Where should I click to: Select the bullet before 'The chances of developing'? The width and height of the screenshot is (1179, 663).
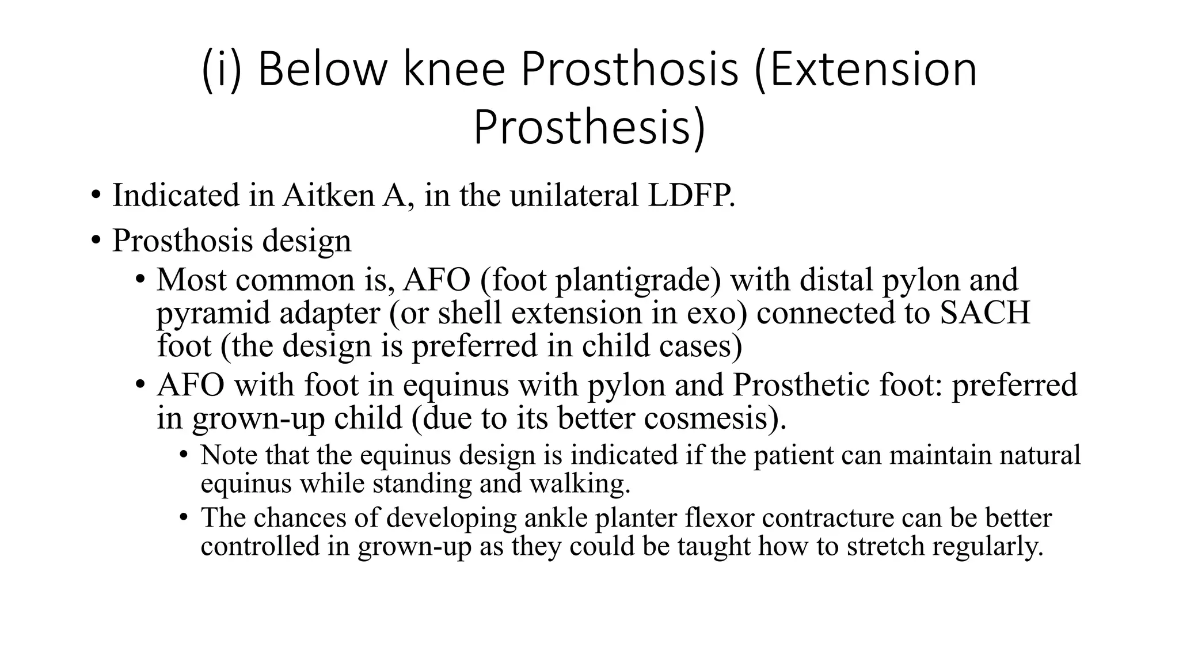pos(184,517)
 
